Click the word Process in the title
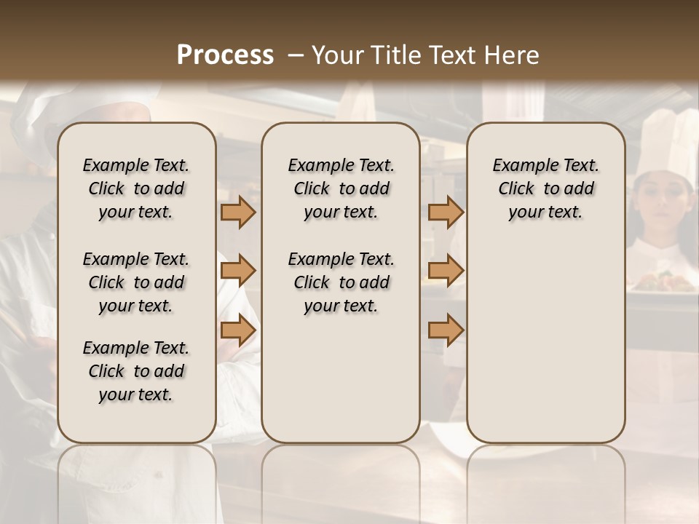pos(225,55)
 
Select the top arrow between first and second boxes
pos(237,213)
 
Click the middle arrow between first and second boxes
pos(237,271)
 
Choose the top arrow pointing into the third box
pos(446,213)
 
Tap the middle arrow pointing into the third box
pos(446,271)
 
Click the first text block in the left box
pos(136,188)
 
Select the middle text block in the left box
pos(136,282)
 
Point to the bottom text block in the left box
pos(136,371)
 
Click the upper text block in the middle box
pos(341,188)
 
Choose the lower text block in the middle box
pos(341,282)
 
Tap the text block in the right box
pos(545,188)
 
